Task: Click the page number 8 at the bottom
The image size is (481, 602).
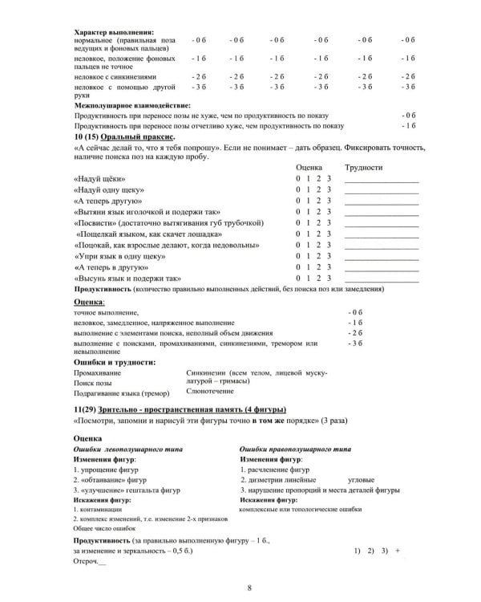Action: point(250,588)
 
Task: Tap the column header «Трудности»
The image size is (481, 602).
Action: point(364,166)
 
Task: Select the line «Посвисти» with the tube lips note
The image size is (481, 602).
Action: point(168,222)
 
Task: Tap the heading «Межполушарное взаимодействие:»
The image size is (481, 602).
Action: point(132,104)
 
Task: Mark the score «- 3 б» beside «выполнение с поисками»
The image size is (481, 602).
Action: point(355,343)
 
